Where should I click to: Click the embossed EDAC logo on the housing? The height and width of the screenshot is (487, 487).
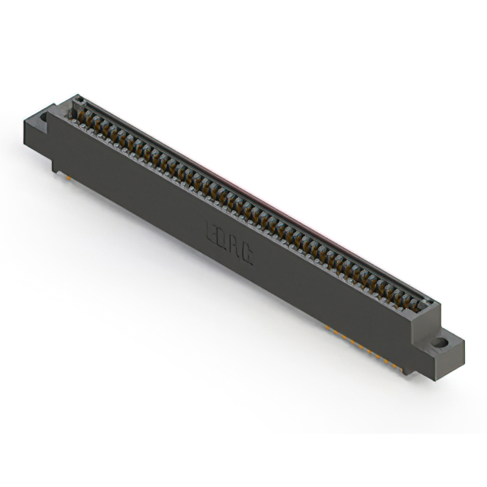pyautogui.click(x=230, y=241)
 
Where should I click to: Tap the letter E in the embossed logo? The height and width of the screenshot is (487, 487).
pyautogui.click(x=212, y=230)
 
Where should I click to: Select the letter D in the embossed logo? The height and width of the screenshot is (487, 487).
pyautogui.click(x=224, y=237)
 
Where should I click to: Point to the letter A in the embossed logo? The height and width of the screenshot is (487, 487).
pyautogui.click(x=235, y=246)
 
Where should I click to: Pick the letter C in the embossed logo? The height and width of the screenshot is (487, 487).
pyautogui.click(x=247, y=254)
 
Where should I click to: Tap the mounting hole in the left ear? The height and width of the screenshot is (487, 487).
pyautogui.click(x=43, y=118)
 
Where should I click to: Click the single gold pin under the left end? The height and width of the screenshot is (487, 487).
pyautogui.click(x=64, y=174)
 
